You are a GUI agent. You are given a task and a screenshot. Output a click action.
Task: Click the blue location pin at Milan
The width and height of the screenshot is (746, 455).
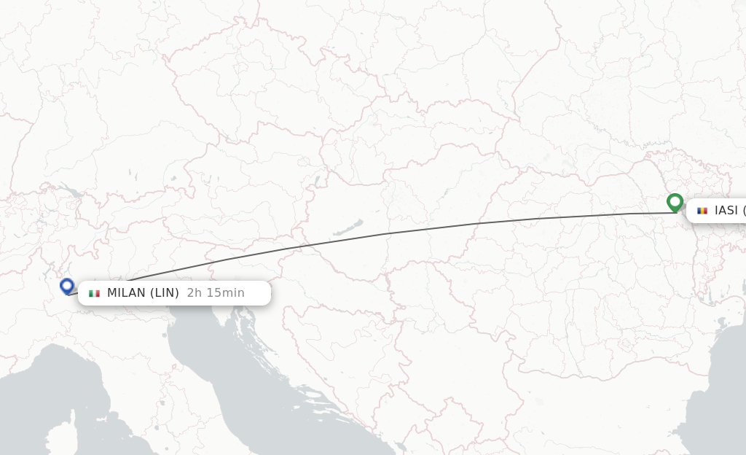click(x=67, y=286)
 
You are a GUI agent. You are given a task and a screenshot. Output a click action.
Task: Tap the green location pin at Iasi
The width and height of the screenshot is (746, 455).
click(x=675, y=201)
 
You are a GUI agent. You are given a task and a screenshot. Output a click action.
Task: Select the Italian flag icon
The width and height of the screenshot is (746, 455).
click(x=94, y=293)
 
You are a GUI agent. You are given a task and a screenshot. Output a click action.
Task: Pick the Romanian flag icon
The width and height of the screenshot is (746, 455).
click(x=702, y=211)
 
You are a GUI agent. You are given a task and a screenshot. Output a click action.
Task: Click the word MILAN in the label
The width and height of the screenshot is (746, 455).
click(x=126, y=293)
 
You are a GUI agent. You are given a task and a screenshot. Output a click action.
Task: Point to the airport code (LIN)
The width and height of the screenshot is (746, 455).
click(x=165, y=293)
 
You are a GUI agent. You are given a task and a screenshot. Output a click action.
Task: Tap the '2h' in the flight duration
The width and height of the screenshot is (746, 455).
click(x=194, y=293)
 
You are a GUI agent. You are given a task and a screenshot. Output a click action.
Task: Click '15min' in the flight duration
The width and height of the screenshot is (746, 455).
click(x=227, y=293)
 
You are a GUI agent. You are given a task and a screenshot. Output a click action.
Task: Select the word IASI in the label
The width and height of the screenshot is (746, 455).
click(x=726, y=211)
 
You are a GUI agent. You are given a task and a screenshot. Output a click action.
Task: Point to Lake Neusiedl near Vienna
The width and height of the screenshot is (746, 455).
click(x=317, y=180)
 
